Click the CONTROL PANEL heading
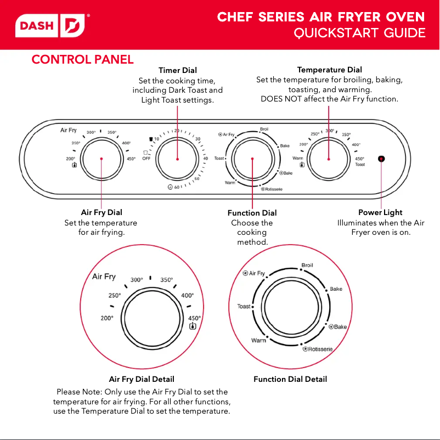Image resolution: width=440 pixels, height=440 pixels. tap(82, 59)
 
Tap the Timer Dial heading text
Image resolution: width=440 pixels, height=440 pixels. tap(178, 70)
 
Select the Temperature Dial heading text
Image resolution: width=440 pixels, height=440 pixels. tap(329, 70)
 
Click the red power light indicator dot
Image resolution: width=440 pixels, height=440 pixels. tap(381, 159)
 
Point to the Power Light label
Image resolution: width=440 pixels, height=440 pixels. tap(380, 212)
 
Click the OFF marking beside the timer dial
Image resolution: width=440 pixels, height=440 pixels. tap(146, 159)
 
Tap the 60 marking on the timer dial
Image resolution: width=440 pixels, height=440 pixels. tap(177, 187)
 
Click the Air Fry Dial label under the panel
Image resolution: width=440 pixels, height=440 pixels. tap(101, 212)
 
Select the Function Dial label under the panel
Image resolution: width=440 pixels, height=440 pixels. tap(252, 213)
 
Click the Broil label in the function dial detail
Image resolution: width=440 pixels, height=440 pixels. tap(307, 266)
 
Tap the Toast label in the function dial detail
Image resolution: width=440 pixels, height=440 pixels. tap(244, 307)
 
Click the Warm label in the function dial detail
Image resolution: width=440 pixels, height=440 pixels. tap(258, 341)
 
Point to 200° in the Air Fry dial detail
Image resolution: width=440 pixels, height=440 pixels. tap(106, 318)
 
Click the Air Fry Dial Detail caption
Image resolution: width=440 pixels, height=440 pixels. tap(142, 379)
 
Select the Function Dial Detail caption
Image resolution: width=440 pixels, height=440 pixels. tap(290, 379)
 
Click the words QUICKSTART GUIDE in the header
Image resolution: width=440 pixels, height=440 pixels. tap(359, 33)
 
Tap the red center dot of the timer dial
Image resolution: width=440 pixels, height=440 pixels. tap(178, 159)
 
